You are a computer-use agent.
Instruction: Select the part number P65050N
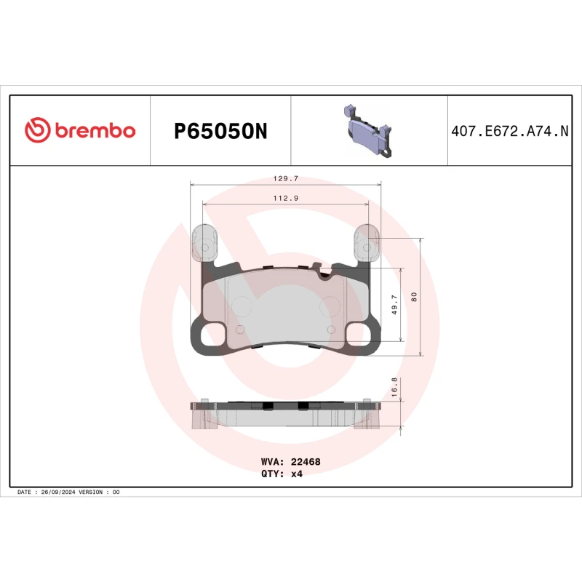click(x=220, y=131)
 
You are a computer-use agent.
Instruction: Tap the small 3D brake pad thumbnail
click(x=368, y=131)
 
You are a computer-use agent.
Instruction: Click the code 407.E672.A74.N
click(x=509, y=132)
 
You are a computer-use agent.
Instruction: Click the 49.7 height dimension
click(x=394, y=304)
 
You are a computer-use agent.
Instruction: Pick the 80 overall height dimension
click(x=414, y=297)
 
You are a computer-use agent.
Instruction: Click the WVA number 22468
click(x=306, y=461)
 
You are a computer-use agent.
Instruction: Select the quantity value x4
click(x=296, y=473)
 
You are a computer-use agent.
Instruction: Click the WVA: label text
click(x=272, y=461)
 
